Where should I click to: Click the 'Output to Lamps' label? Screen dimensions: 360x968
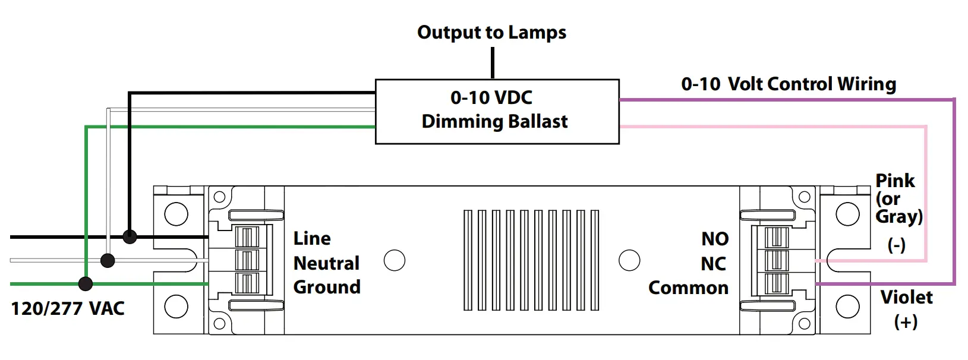(x=491, y=33)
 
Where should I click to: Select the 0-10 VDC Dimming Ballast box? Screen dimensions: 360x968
(x=497, y=111)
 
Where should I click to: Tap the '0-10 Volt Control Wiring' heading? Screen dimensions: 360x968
(x=788, y=84)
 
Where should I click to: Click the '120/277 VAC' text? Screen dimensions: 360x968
(x=68, y=308)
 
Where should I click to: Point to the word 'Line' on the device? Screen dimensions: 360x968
(x=312, y=238)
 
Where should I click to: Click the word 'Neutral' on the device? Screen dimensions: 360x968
(x=326, y=263)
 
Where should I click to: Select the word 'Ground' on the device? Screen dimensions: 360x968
(x=327, y=287)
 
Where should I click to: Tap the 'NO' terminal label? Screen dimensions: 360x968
(x=715, y=239)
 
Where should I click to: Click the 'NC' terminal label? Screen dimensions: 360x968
(x=714, y=264)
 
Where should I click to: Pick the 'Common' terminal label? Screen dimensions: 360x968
(x=688, y=288)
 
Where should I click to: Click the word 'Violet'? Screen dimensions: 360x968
(x=906, y=297)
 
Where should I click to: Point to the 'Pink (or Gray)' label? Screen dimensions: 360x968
(x=898, y=198)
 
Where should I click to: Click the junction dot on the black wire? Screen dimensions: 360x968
(x=130, y=237)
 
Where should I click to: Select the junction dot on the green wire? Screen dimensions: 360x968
(x=86, y=284)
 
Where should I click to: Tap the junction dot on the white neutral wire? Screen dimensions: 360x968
(x=108, y=260)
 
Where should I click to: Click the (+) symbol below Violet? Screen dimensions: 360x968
(x=906, y=322)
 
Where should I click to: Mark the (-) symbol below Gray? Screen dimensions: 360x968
(x=896, y=245)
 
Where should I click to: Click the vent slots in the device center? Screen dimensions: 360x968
(x=531, y=260)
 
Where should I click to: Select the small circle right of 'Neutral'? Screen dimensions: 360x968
(x=395, y=260)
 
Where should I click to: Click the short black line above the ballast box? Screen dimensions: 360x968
(x=493, y=62)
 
